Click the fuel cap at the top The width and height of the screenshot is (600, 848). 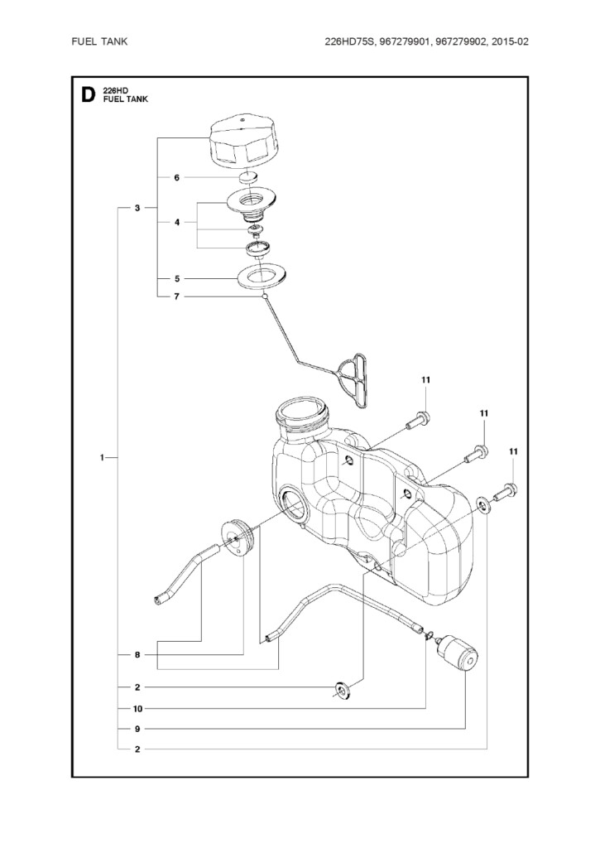pyautogui.click(x=244, y=142)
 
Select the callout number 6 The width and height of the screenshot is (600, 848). pyautogui.click(x=177, y=177)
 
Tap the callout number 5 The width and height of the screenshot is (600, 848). pyautogui.click(x=177, y=279)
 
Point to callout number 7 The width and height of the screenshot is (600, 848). pyautogui.click(x=177, y=296)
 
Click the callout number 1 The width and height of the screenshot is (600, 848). pyautogui.click(x=102, y=458)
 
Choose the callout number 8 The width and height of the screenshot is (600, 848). pyautogui.click(x=137, y=655)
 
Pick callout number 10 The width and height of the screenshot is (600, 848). pyautogui.click(x=137, y=709)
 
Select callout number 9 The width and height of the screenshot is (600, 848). pyautogui.click(x=137, y=729)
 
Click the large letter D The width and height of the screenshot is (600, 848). pyautogui.click(x=88, y=95)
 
